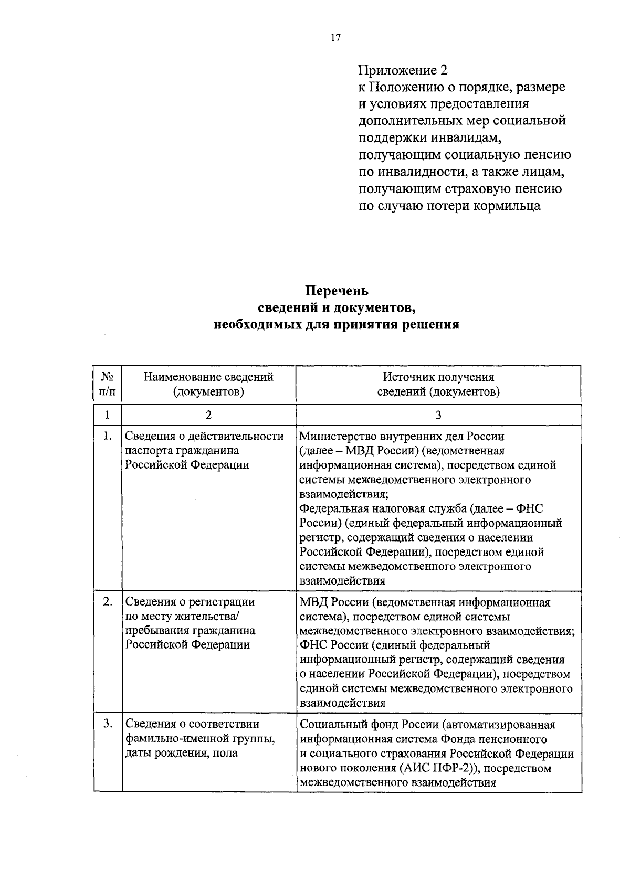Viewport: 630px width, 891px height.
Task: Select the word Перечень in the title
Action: (337, 290)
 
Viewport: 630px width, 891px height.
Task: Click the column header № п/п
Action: (107, 384)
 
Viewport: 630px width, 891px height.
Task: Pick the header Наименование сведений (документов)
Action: (208, 384)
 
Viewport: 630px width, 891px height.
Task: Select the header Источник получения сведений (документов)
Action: (438, 384)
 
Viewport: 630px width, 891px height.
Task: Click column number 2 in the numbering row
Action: (208, 415)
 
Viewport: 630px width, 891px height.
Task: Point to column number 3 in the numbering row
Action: (438, 415)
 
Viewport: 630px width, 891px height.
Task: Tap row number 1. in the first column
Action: (107, 436)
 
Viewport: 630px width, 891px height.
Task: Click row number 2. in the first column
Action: (107, 602)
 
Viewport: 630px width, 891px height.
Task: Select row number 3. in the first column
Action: (107, 724)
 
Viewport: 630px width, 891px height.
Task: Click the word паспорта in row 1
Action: (148, 451)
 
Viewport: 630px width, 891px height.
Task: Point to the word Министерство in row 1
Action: (338, 436)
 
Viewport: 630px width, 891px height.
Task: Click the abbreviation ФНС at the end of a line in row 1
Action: (530, 508)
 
